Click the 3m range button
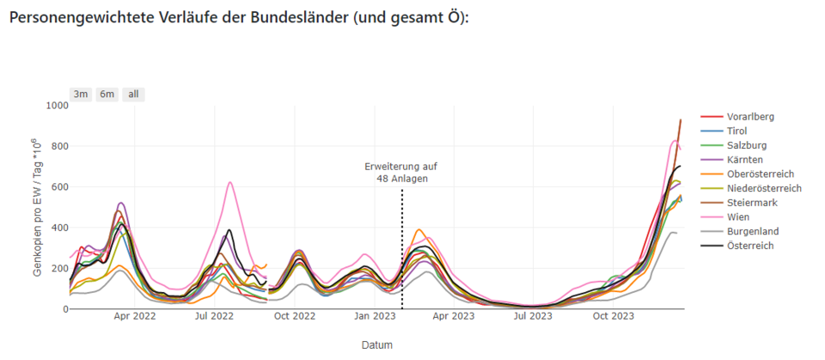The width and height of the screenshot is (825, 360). (81, 95)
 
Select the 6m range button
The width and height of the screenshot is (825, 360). (107, 95)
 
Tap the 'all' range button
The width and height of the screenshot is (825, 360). (133, 95)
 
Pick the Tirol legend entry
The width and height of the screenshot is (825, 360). (737, 131)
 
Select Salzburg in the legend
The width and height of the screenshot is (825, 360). (747, 145)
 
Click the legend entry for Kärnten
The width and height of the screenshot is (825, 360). (745, 160)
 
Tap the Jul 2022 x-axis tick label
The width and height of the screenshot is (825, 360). (214, 316)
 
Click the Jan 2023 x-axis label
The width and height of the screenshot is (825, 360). (375, 316)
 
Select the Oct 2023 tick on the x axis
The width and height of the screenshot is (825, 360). (614, 316)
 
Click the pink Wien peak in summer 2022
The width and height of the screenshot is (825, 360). (230, 182)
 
